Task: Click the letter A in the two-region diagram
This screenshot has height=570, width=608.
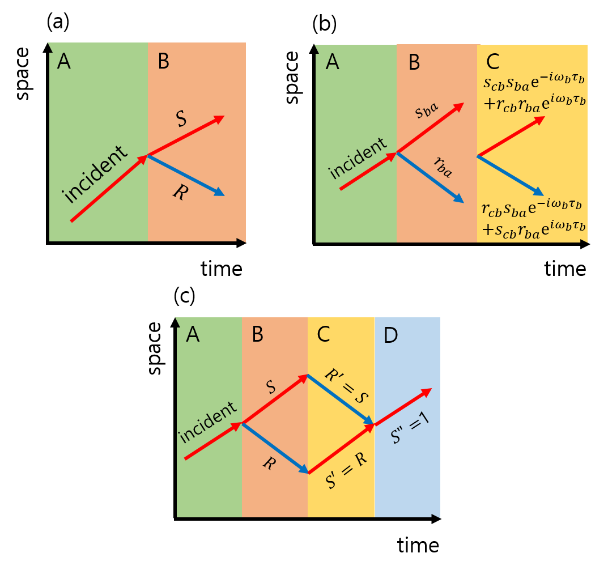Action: (x=64, y=61)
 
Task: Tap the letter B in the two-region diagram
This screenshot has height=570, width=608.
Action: (x=163, y=61)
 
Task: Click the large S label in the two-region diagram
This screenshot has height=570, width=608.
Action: (x=182, y=120)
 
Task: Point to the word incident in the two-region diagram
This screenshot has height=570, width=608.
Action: (x=95, y=175)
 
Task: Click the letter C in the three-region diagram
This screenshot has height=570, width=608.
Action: (x=493, y=62)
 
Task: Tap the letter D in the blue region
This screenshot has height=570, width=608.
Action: (x=390, y=335)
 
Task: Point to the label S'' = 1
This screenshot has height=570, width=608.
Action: (x=411, y=428)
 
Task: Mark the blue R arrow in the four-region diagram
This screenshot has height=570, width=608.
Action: (x=275, y=448)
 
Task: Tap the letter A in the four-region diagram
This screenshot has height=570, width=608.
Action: (x=193, y=335)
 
